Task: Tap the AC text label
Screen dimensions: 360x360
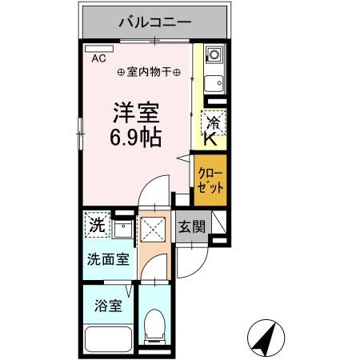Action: (x=98, y=58)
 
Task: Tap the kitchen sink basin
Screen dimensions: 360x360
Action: (x=214, y=84)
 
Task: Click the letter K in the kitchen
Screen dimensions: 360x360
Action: (x=210, y=139)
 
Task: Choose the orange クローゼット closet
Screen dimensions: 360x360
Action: (x=211, y=179)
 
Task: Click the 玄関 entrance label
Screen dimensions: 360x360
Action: (x=190, y=226)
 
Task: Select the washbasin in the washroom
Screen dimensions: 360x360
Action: (x=122, y=230)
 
